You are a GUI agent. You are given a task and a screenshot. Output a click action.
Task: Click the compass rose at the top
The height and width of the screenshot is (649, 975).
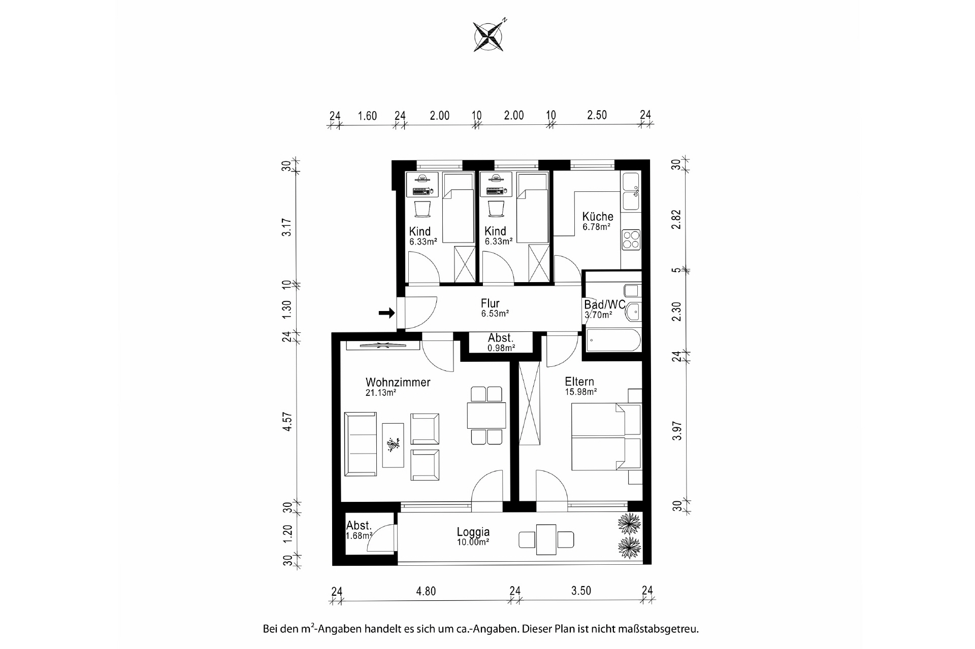[x=489, y=36]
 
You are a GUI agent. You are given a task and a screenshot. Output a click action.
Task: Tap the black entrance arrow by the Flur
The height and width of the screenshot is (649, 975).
[x=387, y=313]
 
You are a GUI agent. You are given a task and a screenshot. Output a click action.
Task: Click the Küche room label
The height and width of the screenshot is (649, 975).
[x=598, y=217]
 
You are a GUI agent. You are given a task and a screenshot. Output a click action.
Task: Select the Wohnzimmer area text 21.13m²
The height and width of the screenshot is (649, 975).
[x=381, y=393]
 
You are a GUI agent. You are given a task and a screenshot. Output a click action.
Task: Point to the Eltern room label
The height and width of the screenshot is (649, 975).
[x=579, y=382]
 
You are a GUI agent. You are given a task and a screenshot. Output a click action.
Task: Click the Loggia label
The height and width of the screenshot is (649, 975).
[x=473, y=532]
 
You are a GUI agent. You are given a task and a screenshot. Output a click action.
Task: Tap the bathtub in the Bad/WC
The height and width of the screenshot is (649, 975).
[x=613, y=340]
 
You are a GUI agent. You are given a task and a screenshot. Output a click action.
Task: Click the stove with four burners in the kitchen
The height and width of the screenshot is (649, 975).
[x=631, y=239]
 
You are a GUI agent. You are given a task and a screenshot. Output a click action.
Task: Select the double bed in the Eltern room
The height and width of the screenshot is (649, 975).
[x=606, y=437]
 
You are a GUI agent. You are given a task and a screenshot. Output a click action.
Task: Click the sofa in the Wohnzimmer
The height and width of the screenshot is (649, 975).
[x=361, y=444]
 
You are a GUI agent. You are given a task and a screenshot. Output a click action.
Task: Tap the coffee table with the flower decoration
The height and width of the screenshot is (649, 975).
[x=393, y=446]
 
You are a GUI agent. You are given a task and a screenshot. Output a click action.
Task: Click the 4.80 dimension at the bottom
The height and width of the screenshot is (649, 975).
[x=426, y=591]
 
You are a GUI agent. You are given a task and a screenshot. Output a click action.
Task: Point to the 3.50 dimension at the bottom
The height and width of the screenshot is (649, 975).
[x=581, y=591]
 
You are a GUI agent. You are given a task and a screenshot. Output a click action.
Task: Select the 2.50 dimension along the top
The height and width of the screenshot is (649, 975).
[x=597, y=115]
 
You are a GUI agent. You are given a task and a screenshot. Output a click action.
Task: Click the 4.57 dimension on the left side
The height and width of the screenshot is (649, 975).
[x=287, y=422]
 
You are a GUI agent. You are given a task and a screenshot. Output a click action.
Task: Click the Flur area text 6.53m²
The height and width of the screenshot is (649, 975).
[x=495, y=314]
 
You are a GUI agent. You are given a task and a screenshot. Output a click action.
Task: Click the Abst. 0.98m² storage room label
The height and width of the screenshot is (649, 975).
[x=501, y=343]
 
